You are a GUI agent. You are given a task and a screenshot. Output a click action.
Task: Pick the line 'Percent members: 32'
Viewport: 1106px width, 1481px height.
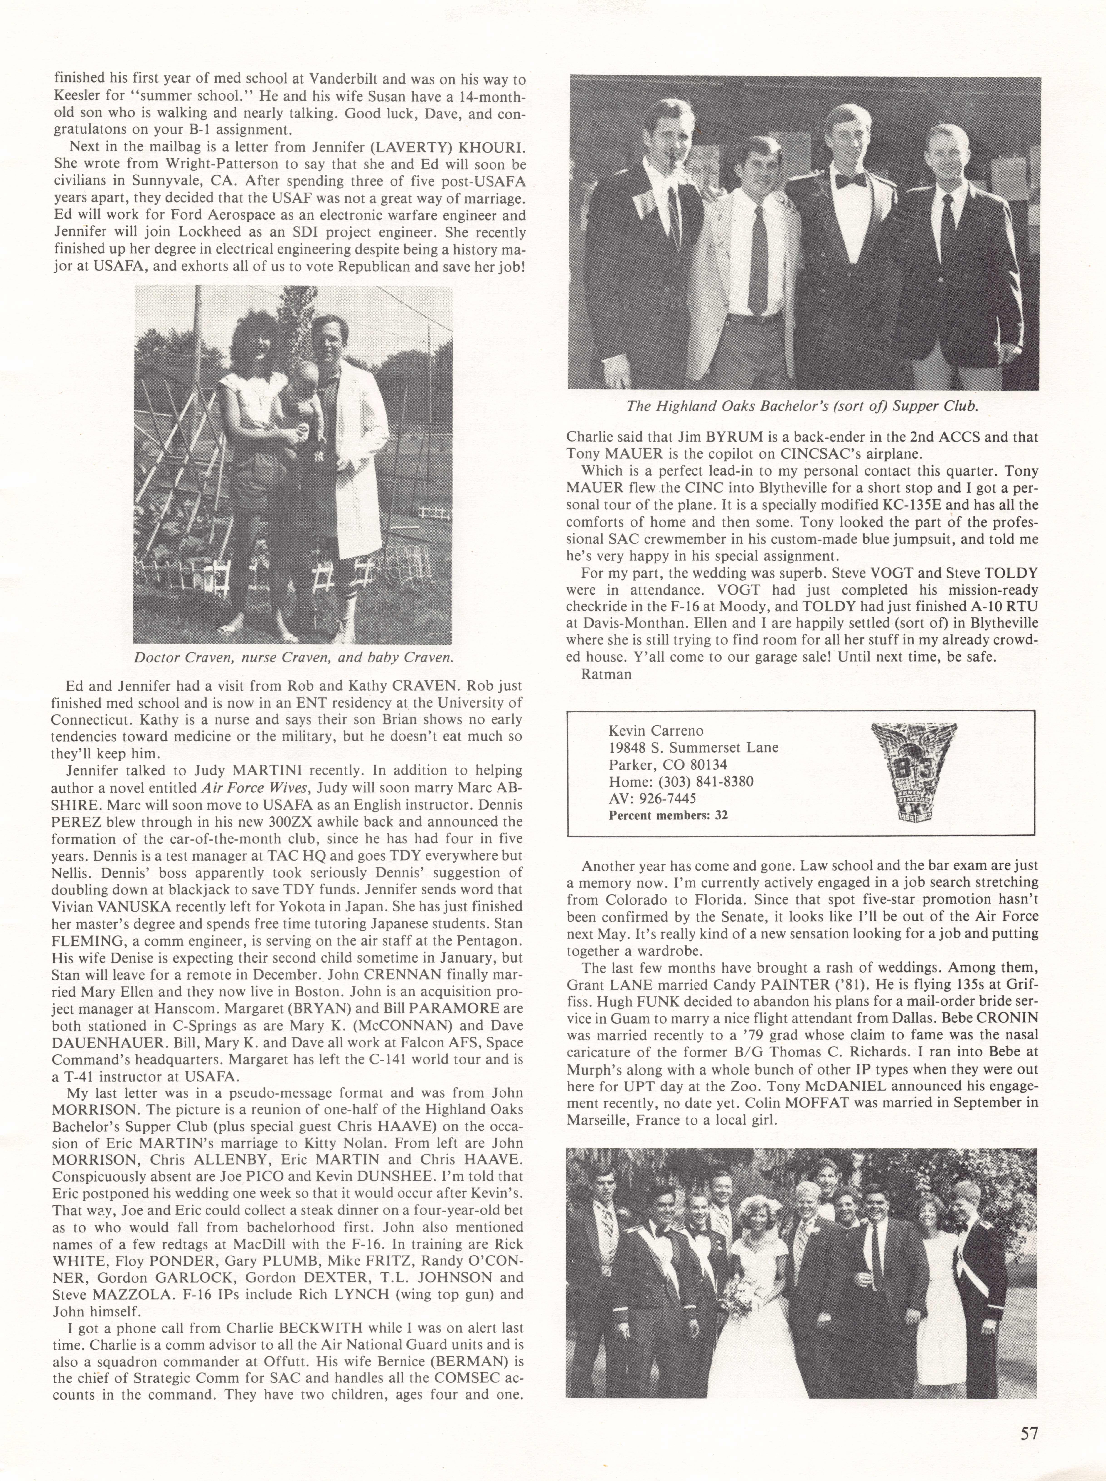click(x=668, y=815)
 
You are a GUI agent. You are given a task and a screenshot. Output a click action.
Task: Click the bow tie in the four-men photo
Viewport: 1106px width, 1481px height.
click(x=850, y=179)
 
